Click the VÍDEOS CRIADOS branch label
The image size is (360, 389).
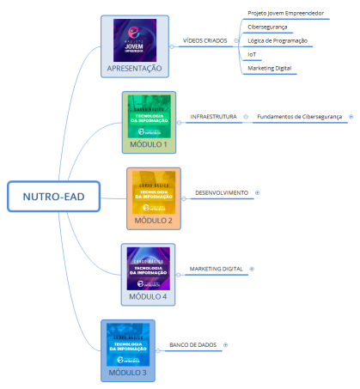click(205, 40)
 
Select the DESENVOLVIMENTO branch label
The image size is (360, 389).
click(222, 192)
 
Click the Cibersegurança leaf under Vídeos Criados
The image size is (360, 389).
click(268, 27)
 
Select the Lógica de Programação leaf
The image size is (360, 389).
click(279, 40)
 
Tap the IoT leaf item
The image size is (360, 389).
click(252, 54)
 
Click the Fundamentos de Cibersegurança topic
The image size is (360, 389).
click(300, 115)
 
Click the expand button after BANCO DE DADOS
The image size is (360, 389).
click(226, 344)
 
